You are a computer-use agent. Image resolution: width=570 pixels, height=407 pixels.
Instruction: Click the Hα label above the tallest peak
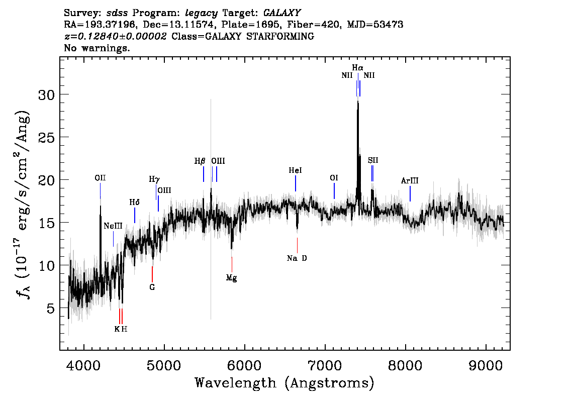(357, 68)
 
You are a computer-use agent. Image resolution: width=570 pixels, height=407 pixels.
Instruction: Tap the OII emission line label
(100, 178)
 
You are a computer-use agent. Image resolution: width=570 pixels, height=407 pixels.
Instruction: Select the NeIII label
(113, 226)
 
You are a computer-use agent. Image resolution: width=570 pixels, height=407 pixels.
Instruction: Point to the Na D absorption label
(297, 258)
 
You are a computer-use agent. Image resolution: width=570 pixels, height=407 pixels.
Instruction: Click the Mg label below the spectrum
(231, 278)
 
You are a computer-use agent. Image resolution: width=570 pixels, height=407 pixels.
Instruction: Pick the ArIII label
(410, 180)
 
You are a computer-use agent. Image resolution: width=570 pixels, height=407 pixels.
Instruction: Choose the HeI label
(295, 170)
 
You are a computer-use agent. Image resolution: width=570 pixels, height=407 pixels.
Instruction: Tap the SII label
(373, 160)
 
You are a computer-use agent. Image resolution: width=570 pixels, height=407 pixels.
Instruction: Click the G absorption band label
(152, 287)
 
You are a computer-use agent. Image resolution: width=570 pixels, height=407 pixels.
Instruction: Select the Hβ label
(200, 161)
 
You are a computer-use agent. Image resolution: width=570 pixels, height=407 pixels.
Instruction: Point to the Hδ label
(135, 202)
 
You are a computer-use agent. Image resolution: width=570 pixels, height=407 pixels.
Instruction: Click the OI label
(334, 178)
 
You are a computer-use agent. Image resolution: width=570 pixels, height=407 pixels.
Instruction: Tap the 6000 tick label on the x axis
(244, 366)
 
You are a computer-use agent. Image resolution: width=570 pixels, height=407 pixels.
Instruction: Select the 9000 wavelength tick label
(486, 366)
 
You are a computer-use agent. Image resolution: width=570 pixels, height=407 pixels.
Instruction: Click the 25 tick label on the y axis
(46, 138)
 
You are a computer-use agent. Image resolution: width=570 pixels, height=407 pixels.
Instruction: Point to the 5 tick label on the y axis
(51, 309)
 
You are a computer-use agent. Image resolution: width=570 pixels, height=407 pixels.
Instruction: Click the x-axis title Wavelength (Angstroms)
(284, 383)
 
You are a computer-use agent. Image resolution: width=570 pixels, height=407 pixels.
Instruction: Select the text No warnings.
(97, 48)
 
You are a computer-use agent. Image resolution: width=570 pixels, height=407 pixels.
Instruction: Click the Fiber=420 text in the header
(314, 25)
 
